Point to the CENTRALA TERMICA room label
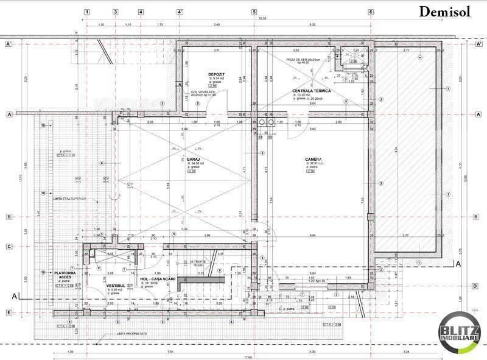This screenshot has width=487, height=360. click(x=311, y=91)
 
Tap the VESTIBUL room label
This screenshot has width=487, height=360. click(x=116, y=284)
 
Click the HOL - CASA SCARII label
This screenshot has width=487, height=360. click(x=158, y=278)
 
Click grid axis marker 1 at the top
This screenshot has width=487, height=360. click(x=88, y=12)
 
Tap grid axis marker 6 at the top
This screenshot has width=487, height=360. click(x=370, y=12)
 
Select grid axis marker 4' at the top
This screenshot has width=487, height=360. click(x=180, y=12)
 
